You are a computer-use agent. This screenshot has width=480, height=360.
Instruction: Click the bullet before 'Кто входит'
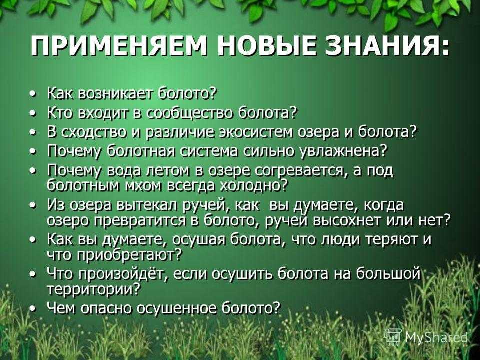click(x=34, y=113)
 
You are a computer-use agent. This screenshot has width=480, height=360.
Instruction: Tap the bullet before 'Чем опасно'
click(x=34, y=309)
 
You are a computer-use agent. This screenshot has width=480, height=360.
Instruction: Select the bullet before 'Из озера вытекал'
click(x=34, y=206)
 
